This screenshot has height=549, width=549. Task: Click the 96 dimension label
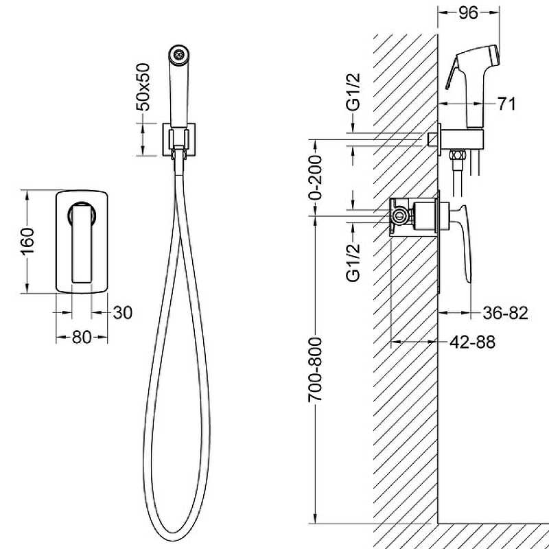[468, 12]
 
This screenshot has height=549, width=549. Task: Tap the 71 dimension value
[506, 104]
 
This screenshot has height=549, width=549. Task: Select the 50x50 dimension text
[143, 87]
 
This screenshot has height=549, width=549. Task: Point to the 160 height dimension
[27, 241]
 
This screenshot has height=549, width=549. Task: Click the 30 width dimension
[123, 313]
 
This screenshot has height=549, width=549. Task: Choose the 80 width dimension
[82, 337]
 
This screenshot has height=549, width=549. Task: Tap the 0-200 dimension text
[315, 178]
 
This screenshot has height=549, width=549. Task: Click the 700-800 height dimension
[315, 369]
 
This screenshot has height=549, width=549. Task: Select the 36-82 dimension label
[505, 313]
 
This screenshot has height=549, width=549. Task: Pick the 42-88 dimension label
[472, 342]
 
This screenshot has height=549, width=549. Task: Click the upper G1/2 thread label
[353, 92]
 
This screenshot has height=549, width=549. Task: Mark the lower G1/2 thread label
[353, 262]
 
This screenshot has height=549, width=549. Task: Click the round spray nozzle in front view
[179, 55]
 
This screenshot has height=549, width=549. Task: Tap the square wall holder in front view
[179, 139]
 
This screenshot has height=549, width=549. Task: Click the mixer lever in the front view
[82, 242]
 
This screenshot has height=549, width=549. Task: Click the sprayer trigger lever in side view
[452, 73]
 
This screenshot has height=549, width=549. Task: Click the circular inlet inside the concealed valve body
[399, 216]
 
